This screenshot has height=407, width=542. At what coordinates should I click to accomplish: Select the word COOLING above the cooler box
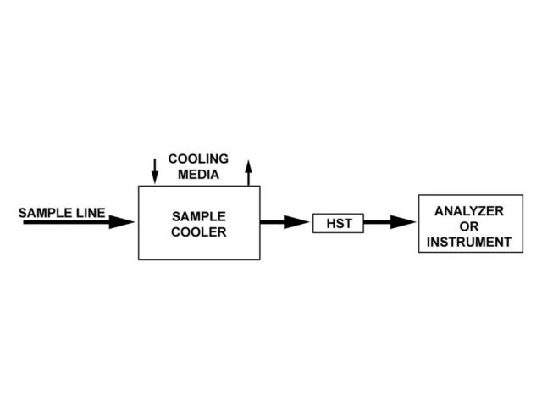[x=198, y=159]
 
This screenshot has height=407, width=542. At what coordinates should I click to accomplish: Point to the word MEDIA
[x=198, y=176]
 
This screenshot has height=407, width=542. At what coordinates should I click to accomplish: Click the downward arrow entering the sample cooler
[x=154, y=170]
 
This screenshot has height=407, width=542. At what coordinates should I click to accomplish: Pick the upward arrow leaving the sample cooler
[x=248, y=172]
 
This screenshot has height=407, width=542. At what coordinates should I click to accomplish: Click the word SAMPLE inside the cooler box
[x=199, y=216]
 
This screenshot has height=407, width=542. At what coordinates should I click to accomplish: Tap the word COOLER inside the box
[x=199, y=232]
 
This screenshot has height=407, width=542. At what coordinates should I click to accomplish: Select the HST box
[x=338, y=223]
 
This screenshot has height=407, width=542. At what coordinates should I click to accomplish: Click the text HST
[x=338, y=224]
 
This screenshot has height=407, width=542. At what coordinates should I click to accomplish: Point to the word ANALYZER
[x=469, y=210]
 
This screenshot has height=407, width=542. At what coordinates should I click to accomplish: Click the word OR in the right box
[x=469, y=226]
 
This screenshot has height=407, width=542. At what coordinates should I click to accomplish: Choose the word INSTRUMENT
[x=469, y=243]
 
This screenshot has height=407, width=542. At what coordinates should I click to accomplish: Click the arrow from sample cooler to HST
[x=285, y=222]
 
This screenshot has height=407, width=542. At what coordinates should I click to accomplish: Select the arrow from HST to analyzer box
[x=390, y=223]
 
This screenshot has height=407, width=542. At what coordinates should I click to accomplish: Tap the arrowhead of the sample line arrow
[x=124, y=223]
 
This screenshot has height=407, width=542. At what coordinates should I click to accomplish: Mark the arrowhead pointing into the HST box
[x=297, y=222]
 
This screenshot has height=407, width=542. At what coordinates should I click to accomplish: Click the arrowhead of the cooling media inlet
[x=154, y=179]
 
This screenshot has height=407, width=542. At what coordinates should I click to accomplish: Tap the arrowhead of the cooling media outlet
[x=248, y=164]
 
